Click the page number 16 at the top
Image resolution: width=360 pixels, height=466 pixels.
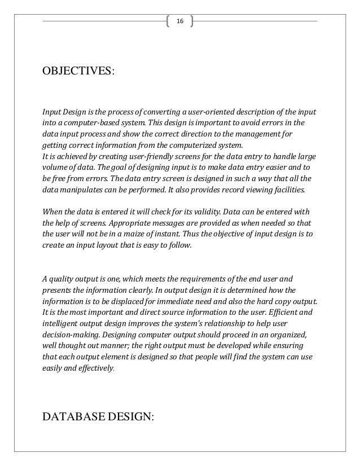point(180,21)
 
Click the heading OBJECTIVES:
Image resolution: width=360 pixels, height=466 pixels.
point(78,73)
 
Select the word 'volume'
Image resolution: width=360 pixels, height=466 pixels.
point(55,168)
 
